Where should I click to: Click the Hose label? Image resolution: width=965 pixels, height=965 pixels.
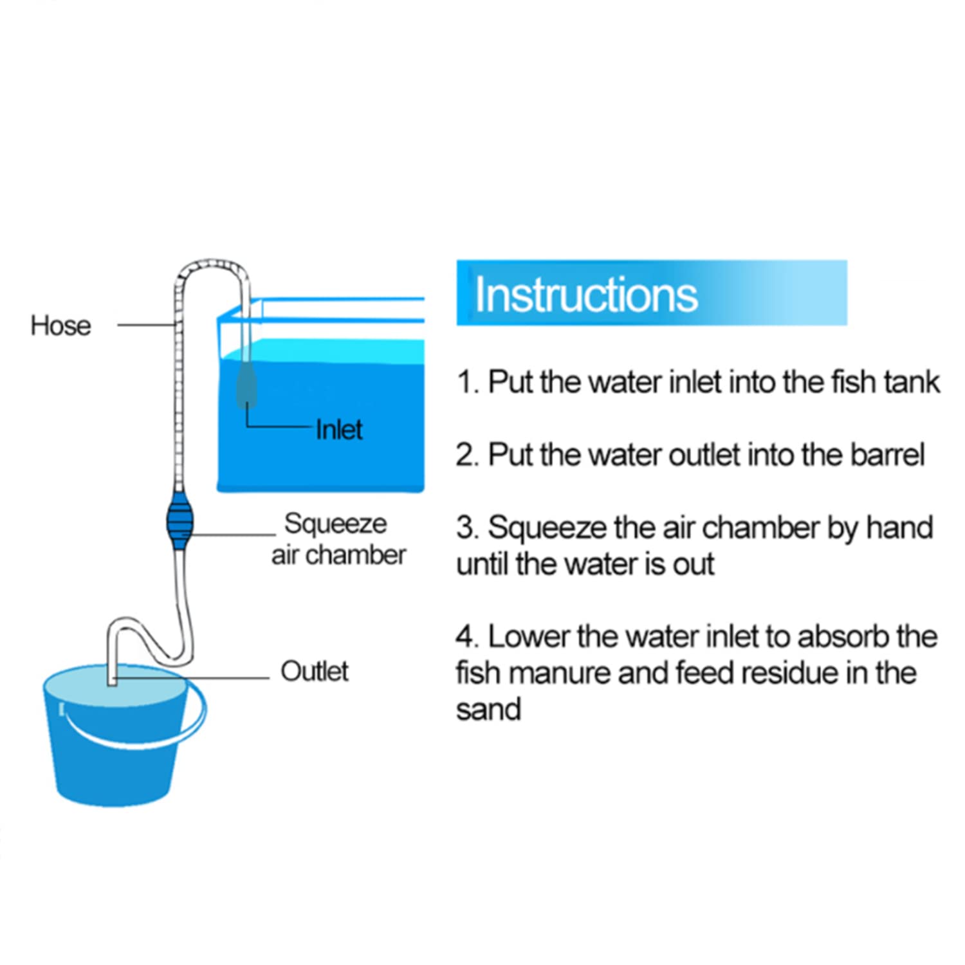(x=60, y=326)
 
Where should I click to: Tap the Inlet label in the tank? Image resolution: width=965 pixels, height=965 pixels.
(x=339, y=430)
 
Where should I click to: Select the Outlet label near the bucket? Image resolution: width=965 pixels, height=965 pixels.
(x=315, y=672)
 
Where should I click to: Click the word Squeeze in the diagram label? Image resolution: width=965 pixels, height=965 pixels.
(x=336, y=524)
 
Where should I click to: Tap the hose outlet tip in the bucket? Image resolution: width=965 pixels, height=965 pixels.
(x=112, y=681)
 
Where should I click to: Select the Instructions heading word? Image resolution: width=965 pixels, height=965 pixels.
(x=586, y=295)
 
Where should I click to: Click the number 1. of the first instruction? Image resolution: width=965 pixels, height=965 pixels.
(x=468, y=383)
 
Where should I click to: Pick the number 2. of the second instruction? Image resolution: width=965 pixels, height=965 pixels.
(x=468, y=455)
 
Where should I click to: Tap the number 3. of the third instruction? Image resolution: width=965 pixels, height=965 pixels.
(x=468, y=528)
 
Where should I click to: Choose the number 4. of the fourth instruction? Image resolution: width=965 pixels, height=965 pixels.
(x=468, y=637)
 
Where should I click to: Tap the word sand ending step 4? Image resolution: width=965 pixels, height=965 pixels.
(x=488, y=710)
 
